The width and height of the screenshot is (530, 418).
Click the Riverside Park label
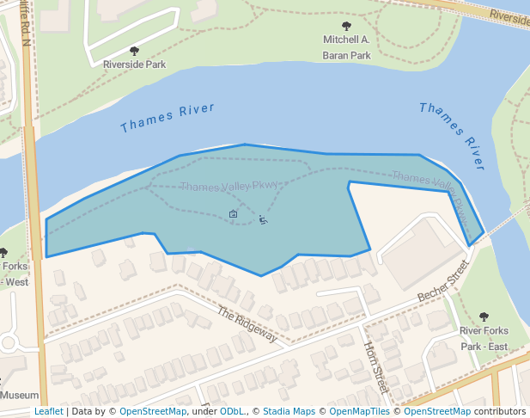coord(134,65)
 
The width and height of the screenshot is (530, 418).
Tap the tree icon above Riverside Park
coord(134,51)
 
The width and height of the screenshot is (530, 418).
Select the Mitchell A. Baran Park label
coord(346,47)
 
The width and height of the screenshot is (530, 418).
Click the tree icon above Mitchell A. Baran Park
coord(347,27)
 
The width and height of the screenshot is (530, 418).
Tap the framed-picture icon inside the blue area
coord(233,212)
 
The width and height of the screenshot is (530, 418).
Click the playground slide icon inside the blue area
coord(263,219)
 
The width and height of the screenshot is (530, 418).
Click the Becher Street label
coord(446,284)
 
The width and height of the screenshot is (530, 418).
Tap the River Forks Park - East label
coord(484,338)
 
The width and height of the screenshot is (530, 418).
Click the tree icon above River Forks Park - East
coord(484,317)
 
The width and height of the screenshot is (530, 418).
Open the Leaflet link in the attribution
coord(49,411)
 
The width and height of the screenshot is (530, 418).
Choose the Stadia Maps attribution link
coord(289,411)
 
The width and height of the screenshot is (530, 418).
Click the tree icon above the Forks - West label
coord(3,253)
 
